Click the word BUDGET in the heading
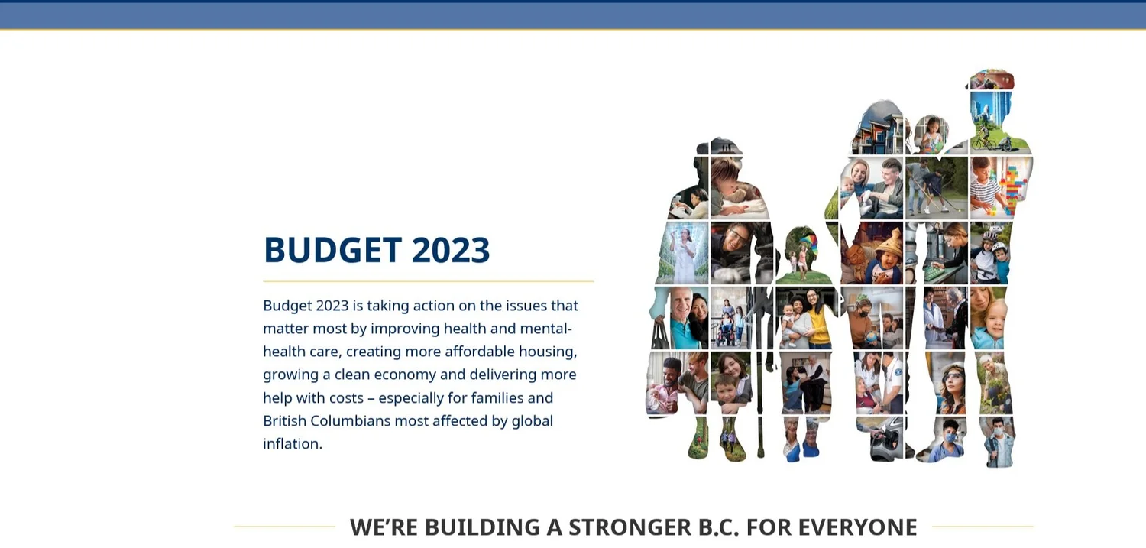[x=332, y=250]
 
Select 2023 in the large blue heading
[x=450, y=250]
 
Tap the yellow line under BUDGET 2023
[x=428, y=281]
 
